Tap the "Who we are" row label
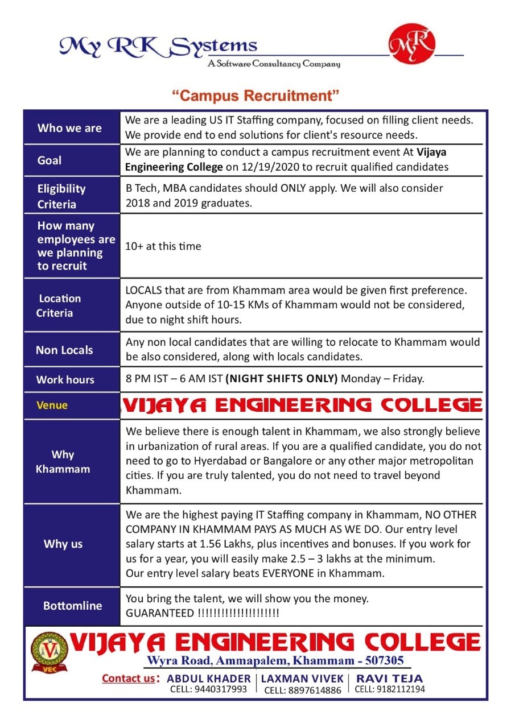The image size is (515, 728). coord(69,128)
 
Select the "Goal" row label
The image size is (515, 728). coord(50,160)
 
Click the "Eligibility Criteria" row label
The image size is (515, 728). coord(61,196)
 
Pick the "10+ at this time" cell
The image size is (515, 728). coord(163,246)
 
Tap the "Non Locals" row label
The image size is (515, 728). coord(64,350)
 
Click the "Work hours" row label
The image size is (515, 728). coord(65,379)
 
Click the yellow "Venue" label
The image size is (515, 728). coord(52,405)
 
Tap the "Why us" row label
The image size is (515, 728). coord(63,544)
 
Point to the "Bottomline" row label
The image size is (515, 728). coord(72,606)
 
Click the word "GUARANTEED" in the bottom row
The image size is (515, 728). coord(160,614)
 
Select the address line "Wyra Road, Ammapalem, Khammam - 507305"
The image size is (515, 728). coord(275,660)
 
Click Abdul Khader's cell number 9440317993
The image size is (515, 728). coord(209,689)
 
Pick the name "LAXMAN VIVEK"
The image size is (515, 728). coord(302,679)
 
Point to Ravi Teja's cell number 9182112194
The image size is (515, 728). coord(390,689)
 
